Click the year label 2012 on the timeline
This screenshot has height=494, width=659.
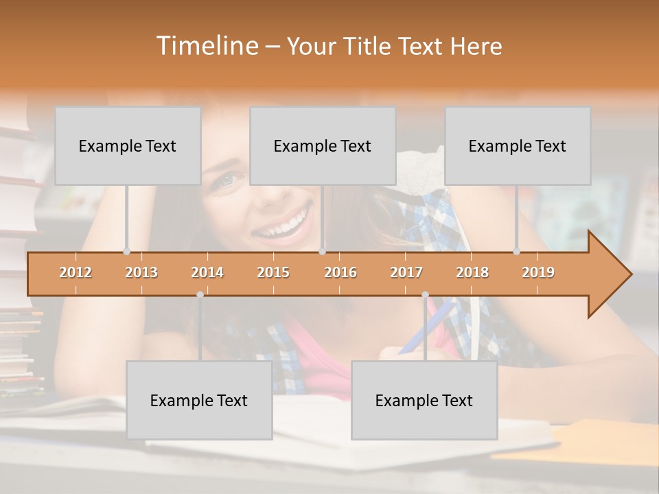point(76,272)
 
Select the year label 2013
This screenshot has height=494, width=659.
point(141,272)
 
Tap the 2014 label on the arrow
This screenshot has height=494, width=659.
point(207,272)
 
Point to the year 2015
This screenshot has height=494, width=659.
point(273,272)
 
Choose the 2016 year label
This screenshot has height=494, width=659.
point(340,272)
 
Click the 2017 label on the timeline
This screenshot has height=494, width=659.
point(406,272)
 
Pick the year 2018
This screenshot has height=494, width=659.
point(472,272)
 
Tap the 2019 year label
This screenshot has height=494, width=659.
point(538,272)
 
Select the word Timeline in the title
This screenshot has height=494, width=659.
point(206,46)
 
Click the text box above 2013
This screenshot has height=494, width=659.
point(128,145)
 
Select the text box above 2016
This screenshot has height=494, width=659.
point(323,145)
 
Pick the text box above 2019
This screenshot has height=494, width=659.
point(518,145)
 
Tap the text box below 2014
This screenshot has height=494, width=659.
point(199,400)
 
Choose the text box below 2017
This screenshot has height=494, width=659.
point(424,400)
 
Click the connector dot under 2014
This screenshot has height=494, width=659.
point(200,294)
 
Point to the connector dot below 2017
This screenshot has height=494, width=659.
point(425,294)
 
